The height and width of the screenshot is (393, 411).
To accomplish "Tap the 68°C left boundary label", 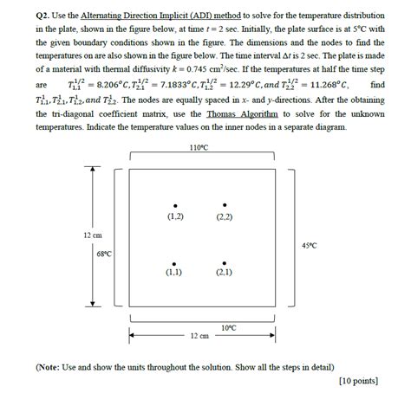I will [104, 254].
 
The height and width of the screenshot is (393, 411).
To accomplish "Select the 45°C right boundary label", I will [309, 246].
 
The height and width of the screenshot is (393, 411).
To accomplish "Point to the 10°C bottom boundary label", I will [229, 327].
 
